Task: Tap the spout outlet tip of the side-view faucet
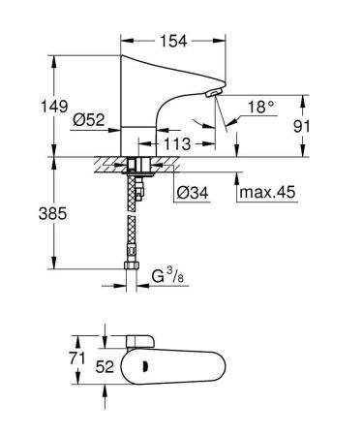(x=211, y=94)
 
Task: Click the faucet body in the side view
(x=145, y=107)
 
